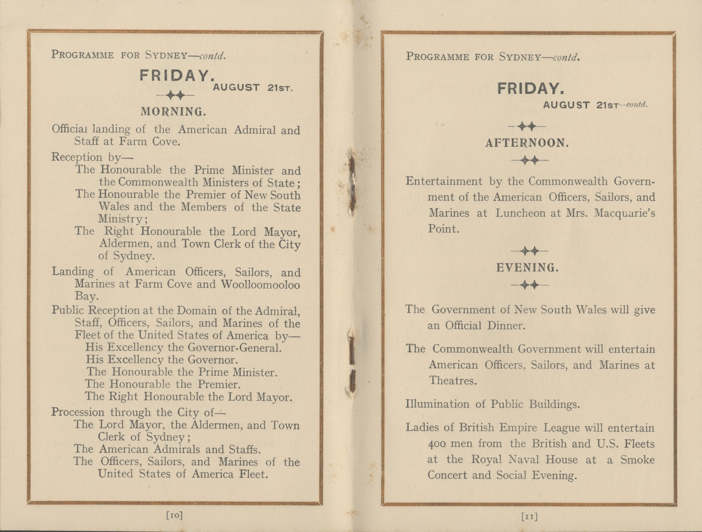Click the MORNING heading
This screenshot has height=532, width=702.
pyautogui.click(x=173, y=112)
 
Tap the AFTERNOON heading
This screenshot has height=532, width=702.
pyautogui.click(x=527, y=143)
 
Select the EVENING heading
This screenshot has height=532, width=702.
pyautogui.click(x=527, y=268)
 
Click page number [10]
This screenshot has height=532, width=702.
pyautogui.click(x=175, y=515)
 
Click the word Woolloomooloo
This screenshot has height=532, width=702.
pyautogui.click(x=260, y=284)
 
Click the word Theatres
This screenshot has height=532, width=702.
pyautogui.click(x=452, y=381)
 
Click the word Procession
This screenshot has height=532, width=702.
pyautogui.click(x=78, y=412)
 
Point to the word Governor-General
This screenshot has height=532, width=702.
pyautogui.click(x=235, y=348)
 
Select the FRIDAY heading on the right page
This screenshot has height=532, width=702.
pyautogui.click(x=531, y=89)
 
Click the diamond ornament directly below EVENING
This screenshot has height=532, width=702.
pyautogui.click(x=530, y=285)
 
